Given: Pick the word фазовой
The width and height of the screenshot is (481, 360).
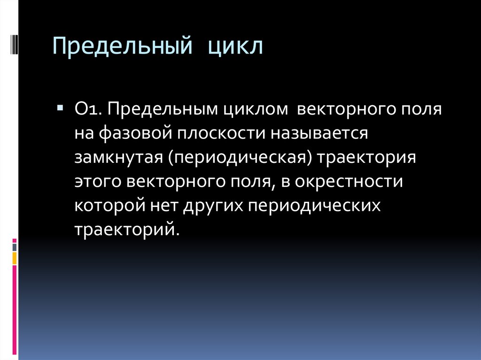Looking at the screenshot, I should [133, 134].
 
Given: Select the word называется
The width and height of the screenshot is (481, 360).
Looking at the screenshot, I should [318, 134].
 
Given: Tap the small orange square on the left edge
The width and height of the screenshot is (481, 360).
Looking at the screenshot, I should [15, 258].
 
